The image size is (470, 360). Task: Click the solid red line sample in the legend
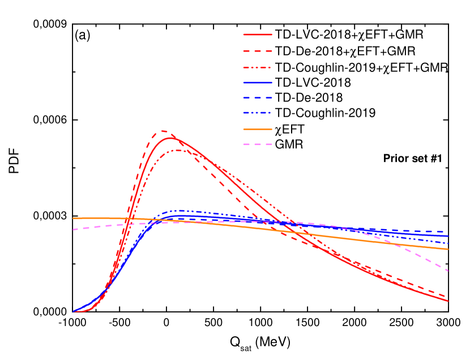point(258,35)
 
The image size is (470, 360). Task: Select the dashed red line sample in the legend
point(258,51)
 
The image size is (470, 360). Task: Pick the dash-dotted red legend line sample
point(258,67)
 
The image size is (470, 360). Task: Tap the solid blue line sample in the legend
point(258,83)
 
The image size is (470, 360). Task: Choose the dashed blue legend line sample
point(258,98)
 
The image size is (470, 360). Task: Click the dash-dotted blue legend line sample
point(258,113)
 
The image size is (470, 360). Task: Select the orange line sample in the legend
point(258,129)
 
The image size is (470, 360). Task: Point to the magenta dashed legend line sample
point(258,144)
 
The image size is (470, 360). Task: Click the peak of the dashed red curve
point(163,131)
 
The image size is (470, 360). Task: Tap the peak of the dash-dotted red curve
point(178,150)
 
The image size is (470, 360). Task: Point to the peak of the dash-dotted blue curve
point(180,211)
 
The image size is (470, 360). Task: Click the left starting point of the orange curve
point(74,218)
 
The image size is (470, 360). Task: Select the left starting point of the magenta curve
point(74,229)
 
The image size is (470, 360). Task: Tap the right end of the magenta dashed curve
point(448,271)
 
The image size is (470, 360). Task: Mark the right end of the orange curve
point(448,248)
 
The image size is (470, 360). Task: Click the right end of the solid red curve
point(448,301)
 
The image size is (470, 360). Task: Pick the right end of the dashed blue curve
point(448,232)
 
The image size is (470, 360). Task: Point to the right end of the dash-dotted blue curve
point(448,243)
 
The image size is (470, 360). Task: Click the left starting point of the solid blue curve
point(74,311)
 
